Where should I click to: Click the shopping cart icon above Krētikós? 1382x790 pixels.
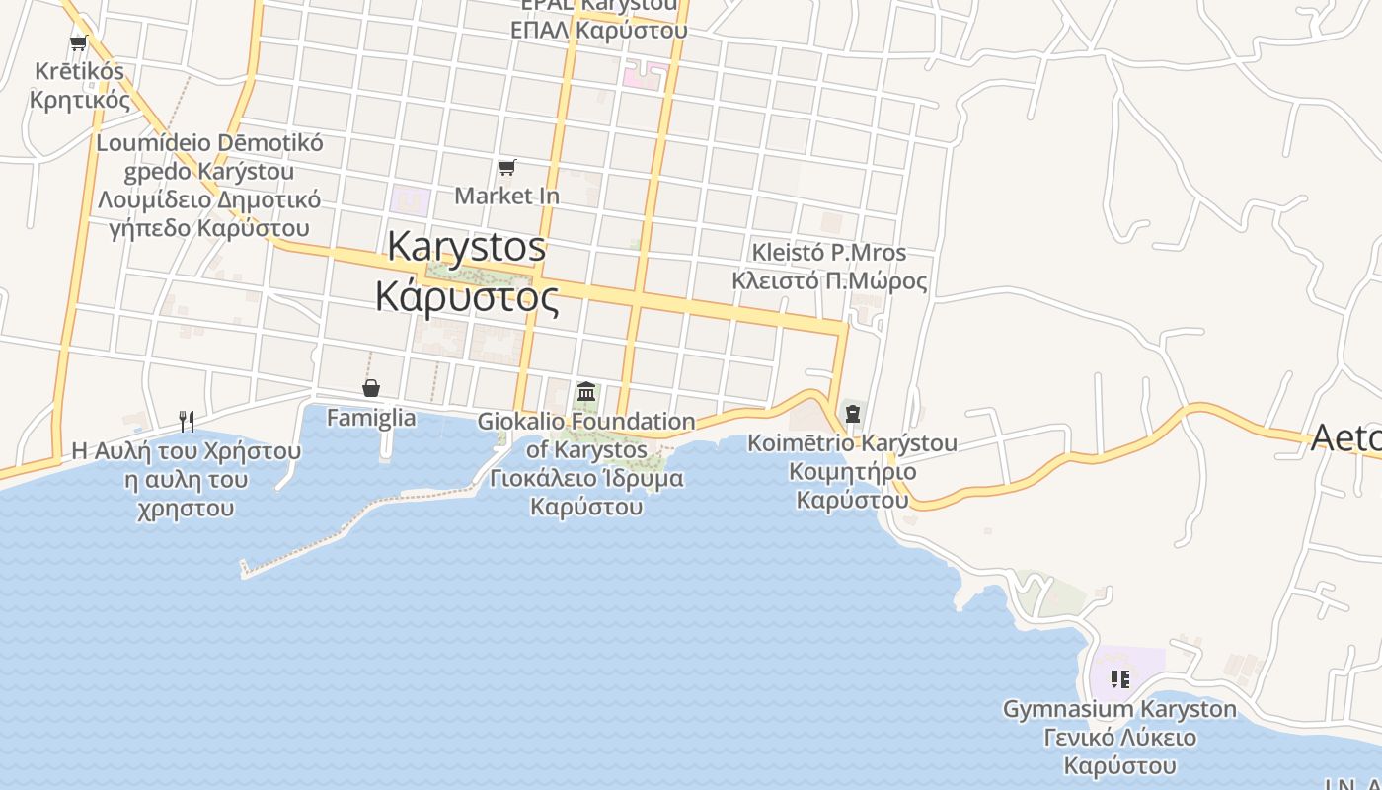coord(79,42)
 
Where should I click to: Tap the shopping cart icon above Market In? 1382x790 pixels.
coord(506,167)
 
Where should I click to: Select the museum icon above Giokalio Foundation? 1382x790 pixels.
coord(586,392)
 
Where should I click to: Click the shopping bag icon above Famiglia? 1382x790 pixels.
coord(371,388)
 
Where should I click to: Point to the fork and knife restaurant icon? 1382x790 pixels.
coord(186,422)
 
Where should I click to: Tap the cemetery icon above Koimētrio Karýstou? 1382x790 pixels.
coord(852,414)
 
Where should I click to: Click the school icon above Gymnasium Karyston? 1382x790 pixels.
coord(1119,679)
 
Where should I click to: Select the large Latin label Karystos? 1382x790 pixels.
coord(466,246)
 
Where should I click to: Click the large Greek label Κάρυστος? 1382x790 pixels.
coord(467,295)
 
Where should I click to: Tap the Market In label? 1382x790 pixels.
coord(506,196)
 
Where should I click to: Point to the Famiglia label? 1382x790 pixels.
coord(371,418)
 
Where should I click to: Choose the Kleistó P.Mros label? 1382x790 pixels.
coord(829,252)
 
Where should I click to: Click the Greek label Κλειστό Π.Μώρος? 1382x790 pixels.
coord(829,280)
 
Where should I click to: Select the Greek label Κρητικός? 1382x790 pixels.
coord(79,100)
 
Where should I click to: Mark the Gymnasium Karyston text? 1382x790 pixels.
coord(1119,709)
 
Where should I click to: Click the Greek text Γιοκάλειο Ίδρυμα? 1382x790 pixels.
coord(586,479)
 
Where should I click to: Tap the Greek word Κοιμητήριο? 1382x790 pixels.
coord(852,471)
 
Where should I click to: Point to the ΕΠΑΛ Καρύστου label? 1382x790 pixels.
coord(598,30)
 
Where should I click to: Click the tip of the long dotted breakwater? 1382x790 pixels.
coord(245,569)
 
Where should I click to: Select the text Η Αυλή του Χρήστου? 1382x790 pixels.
coord(186,451)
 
